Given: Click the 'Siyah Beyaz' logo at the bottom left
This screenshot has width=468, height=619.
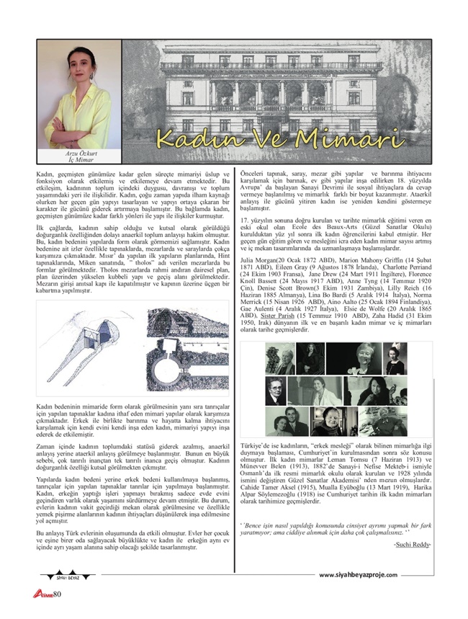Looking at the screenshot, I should click(57, 576).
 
